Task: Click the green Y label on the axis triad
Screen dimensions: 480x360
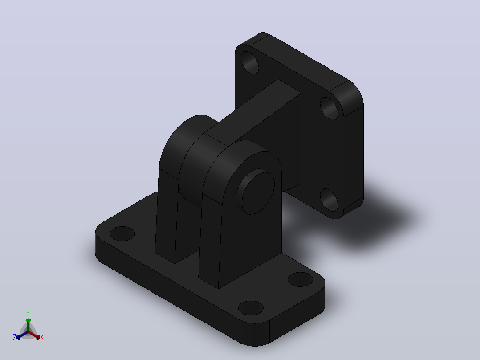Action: (x=28, y=314)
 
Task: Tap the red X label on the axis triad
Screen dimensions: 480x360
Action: (x=42, y=337)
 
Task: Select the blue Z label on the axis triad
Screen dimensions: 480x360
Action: (x=15, y=337)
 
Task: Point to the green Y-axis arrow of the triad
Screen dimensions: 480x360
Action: (x=28, y=325)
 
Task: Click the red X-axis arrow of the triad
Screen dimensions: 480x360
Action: (x=34, y=335)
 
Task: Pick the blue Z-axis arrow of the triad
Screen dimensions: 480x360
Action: (x=22, y=335)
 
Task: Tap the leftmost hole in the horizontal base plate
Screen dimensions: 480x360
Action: (x=122, y=234)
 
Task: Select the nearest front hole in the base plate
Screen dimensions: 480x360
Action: (x=251, y=308)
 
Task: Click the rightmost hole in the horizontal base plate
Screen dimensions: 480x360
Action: (x=300, y=279)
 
